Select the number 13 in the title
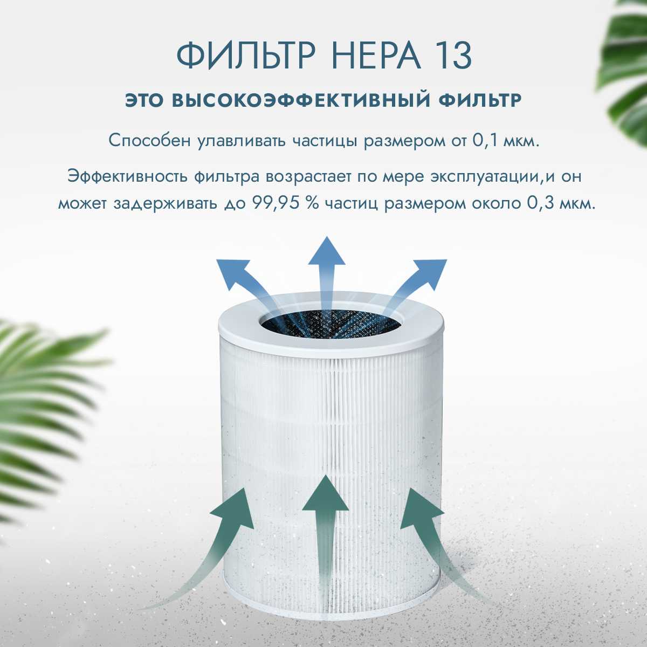[x=452, y=55]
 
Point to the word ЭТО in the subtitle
[x=146, y=101]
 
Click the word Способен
[x=150, y=142]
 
